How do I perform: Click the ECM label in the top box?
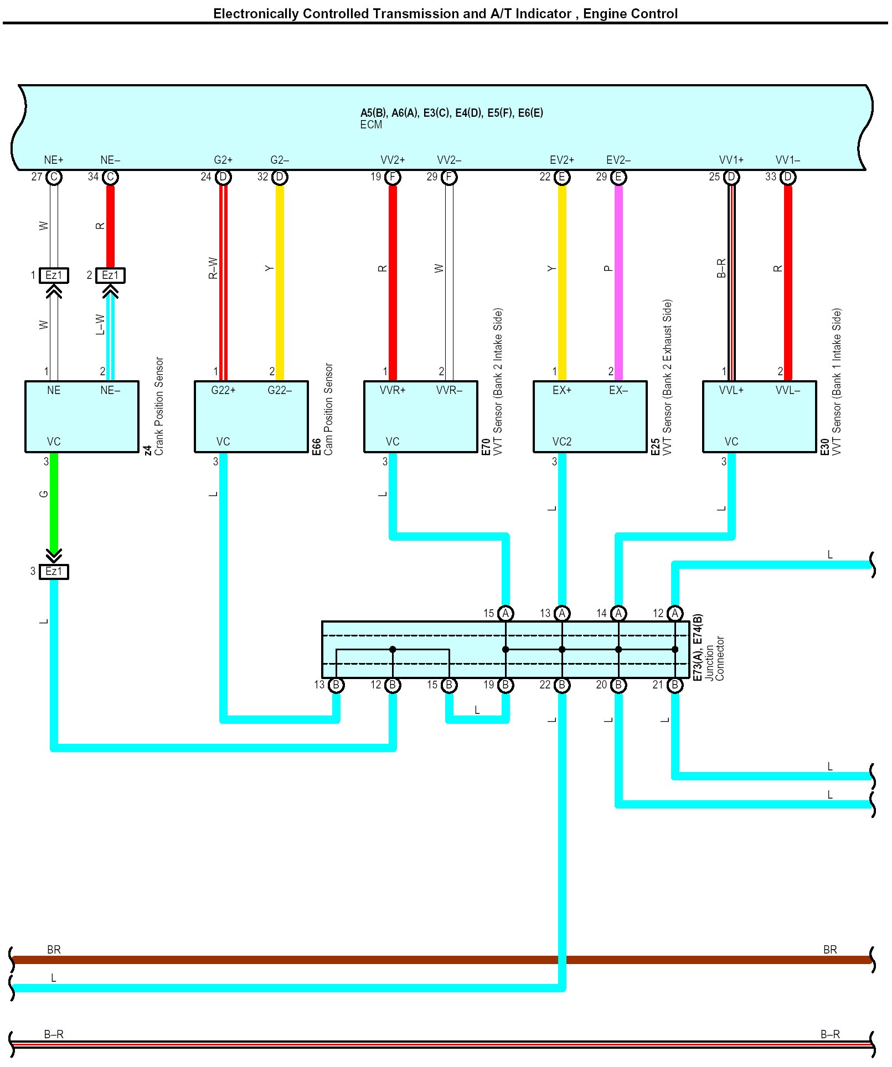(x=370, y=125)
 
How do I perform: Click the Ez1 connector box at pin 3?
(x=54, y=571)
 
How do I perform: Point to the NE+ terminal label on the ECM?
(x=54, y=160)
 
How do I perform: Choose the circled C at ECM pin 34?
(x=110, y=177)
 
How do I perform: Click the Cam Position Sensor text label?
(x=329, y=409)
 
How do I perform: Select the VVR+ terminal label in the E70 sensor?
(x=392, y=390)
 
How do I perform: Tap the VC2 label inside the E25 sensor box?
(x=561, y=442)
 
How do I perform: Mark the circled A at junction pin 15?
(x=506, y=613)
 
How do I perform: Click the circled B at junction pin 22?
(x=562, y=685)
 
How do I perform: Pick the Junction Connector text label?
(x=715, y=659)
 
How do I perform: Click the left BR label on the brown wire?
(x=54, y=950)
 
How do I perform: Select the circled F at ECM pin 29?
(x=449, y=177)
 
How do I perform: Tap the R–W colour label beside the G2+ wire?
(x=213, y=268)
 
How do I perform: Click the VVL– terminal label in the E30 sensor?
(x=787, y=390)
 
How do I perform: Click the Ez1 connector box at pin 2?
(x=110, y=275)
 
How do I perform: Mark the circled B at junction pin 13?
(x=336, y=685)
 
